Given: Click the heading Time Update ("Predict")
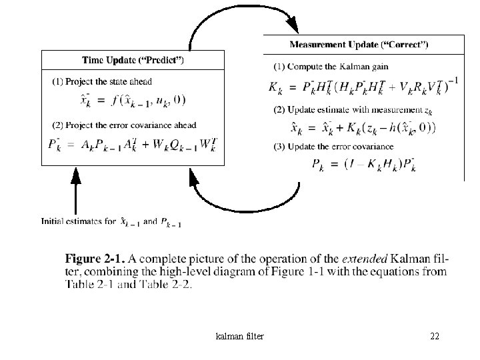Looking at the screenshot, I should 133,60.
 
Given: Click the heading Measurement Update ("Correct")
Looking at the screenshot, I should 359,45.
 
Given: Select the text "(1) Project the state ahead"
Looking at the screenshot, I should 102,82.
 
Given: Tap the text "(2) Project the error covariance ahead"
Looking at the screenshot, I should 124,125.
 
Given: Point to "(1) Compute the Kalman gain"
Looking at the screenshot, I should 331,66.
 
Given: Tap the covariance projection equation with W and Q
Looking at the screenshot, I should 133,144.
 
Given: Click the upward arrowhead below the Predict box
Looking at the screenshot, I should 75,176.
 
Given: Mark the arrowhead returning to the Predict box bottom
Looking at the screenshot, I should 195,177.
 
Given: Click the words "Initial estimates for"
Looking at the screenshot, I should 78,221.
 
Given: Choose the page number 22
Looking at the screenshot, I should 435,336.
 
